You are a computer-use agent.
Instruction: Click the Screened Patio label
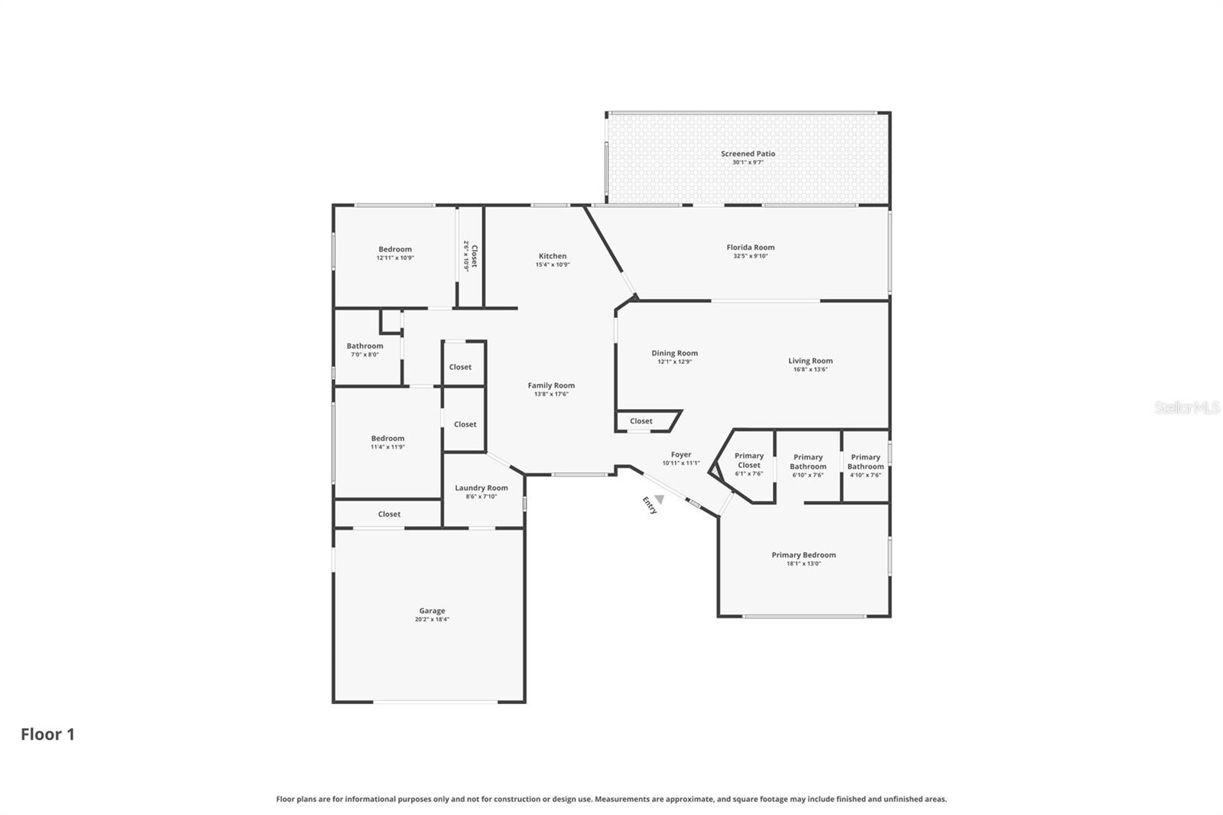(x=748, y=154)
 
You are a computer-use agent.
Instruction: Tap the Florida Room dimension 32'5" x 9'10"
(x=750, y=256)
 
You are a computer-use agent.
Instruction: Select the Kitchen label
(x=552, y=256)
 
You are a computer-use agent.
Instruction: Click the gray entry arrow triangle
(x=659, y=499)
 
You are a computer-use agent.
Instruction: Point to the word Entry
(x=649, y=505)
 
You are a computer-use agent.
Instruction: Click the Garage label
(x=432, y=611)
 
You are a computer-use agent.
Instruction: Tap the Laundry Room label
(x=481, y=488)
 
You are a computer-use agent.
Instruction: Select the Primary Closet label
(x=748, y=460)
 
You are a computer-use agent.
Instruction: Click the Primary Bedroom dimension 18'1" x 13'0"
(x=803, y=564)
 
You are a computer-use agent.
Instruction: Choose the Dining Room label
(x=674, y=353)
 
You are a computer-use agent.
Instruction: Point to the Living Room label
(x=810, y=361)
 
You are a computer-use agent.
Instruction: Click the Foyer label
(x=680, y=454)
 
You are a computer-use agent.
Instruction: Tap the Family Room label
(x=550, y=385)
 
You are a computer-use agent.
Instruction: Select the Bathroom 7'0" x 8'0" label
(x=365, y=346)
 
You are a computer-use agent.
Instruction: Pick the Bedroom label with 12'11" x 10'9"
(x=394, y=249)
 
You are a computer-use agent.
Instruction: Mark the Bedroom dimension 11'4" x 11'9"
(x=388, y=447)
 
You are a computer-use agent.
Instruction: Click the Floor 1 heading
(x=47, y=734)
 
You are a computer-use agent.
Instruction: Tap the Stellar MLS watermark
(x=1186, y=407)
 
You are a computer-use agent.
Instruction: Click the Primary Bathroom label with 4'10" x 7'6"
(x=865, y=462)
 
